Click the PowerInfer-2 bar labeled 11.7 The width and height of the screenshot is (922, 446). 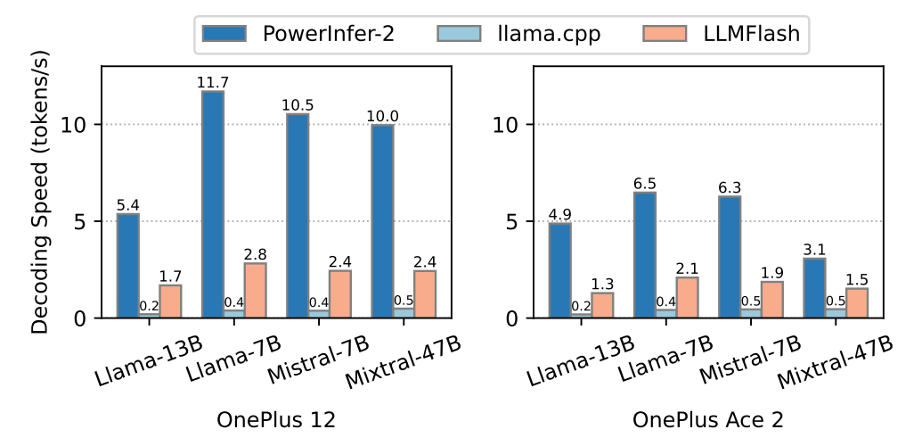pos(212,204)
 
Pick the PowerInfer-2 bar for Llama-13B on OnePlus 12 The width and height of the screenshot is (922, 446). pos(128,266)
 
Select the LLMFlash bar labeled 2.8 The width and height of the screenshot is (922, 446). pos(255,291)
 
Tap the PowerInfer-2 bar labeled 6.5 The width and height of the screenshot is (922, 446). pos(643,255)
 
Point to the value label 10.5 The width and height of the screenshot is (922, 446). pos(297,105)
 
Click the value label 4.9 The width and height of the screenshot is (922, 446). pos(559,214)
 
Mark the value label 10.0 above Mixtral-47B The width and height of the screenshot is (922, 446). pos(380,116)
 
